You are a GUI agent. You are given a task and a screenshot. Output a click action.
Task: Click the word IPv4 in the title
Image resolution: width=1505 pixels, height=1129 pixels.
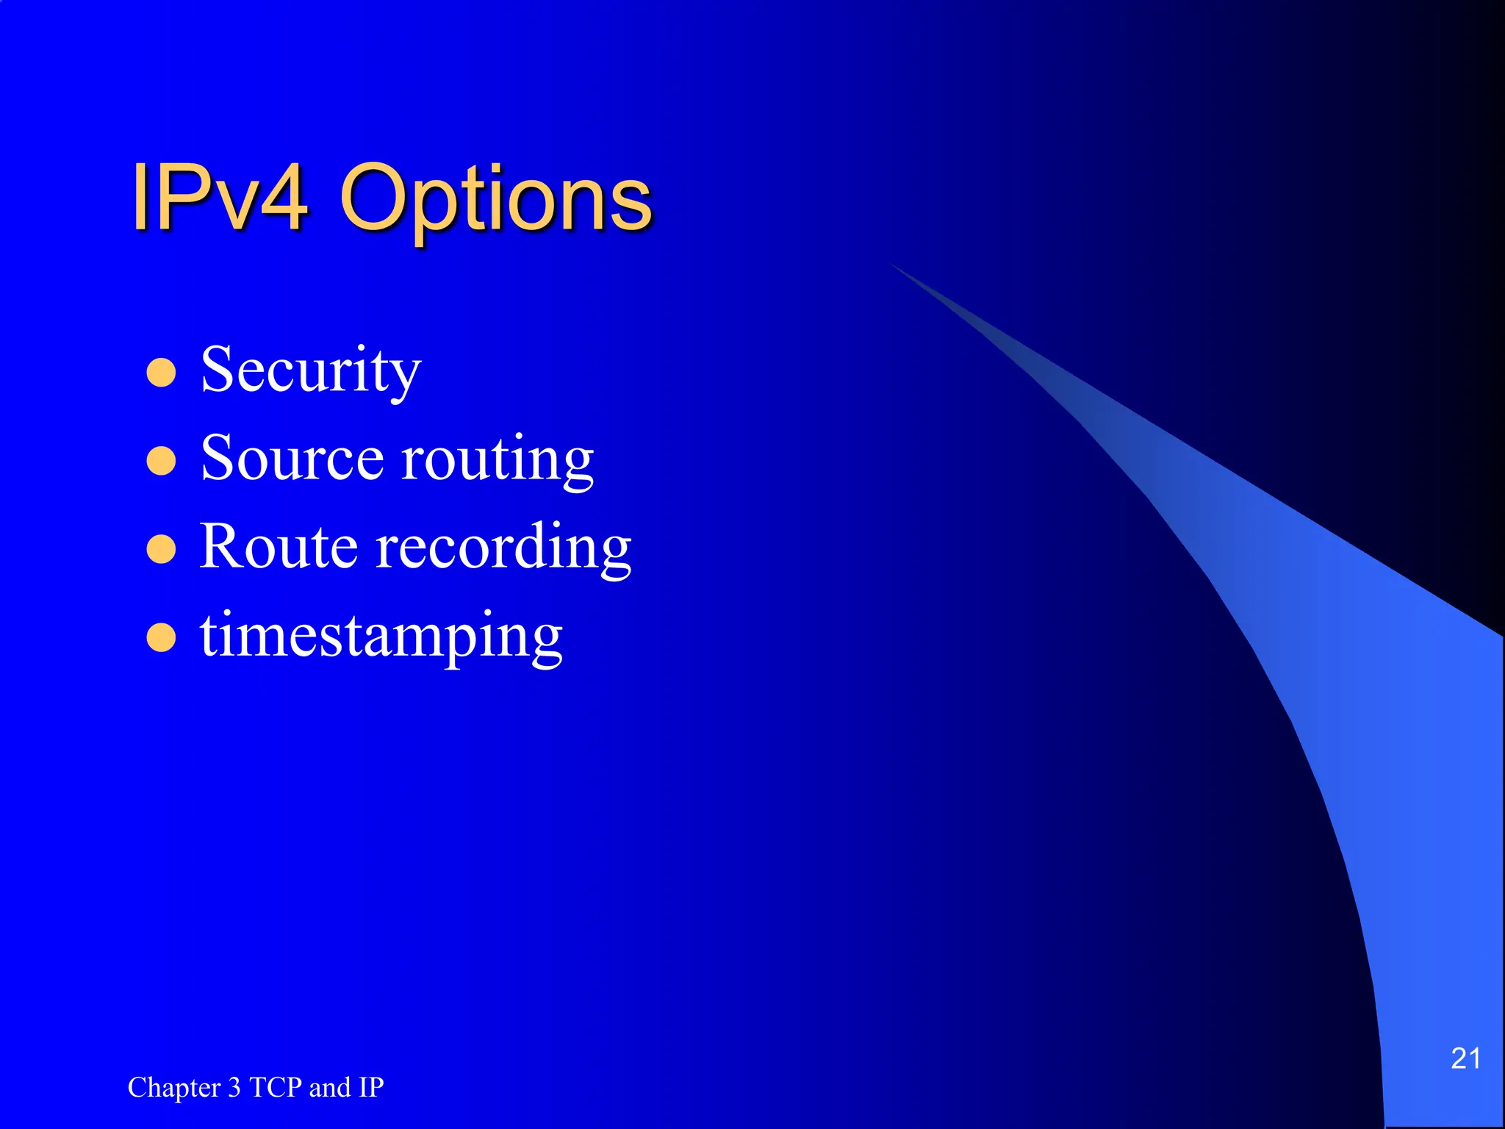219,197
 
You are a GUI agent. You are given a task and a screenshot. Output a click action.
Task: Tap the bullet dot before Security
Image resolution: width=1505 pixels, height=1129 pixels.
161,373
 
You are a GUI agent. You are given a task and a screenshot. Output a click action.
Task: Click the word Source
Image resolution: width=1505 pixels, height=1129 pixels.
292,459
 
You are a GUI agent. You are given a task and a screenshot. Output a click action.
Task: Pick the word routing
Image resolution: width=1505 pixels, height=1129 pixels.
498,460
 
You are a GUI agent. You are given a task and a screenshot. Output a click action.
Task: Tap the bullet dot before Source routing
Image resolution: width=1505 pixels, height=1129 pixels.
161,462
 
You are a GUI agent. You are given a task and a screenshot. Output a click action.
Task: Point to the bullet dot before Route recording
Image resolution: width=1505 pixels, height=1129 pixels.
161,549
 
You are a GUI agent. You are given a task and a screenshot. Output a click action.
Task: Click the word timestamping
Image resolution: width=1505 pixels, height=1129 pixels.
381,637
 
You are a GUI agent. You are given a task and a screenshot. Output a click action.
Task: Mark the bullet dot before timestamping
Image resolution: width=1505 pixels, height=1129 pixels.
161,637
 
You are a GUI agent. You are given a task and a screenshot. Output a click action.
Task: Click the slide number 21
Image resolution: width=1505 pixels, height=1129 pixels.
1465,1058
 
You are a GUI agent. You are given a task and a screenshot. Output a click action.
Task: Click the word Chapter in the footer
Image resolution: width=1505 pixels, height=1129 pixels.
174,1087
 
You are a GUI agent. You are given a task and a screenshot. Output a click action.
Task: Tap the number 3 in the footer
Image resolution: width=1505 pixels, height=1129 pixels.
234,1087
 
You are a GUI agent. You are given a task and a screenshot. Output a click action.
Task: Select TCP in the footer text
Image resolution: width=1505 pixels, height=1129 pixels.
276,1087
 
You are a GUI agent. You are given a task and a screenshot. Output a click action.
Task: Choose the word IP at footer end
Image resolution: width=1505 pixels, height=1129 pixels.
371,1087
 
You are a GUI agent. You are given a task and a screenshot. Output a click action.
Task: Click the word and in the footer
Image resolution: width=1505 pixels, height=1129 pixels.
330,1087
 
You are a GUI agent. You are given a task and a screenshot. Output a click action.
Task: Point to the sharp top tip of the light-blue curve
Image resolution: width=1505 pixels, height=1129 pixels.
892,264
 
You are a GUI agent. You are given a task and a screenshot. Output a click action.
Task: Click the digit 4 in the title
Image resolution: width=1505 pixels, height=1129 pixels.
284,197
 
